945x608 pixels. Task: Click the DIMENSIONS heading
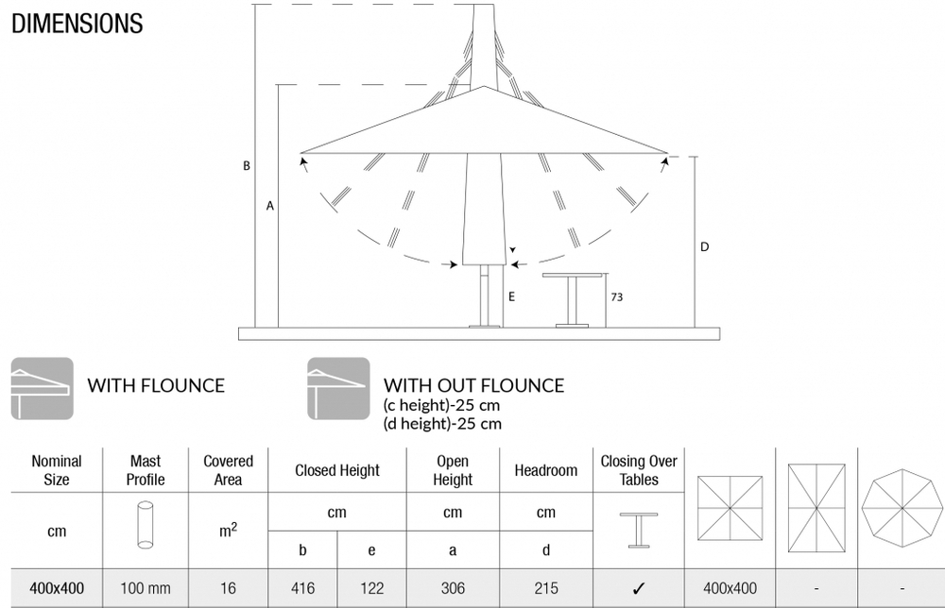[77, 23]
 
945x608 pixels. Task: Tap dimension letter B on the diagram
[247, 166]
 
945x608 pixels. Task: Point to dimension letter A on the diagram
[270, 205]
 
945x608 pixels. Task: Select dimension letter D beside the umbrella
[705, 247]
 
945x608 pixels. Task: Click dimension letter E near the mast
[510, 296]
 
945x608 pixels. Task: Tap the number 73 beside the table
[616, 296]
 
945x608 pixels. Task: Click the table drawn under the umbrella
[573, 298]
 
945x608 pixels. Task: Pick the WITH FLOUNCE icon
[42, 388]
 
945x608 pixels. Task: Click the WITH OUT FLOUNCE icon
[338, 388]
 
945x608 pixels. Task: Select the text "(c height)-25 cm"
[442, 405]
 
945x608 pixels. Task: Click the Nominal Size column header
[57, 470]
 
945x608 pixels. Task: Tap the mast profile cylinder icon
[145, 524]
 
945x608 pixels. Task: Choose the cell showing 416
[302, 588]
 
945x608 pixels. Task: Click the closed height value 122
[372, 588]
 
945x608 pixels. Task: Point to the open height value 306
[453, 588]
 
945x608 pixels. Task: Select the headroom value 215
[545, 588]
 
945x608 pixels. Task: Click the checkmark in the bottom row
[639, 588]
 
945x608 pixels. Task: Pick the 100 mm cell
[146, 588]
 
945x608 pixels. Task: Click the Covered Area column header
[229, 470]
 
